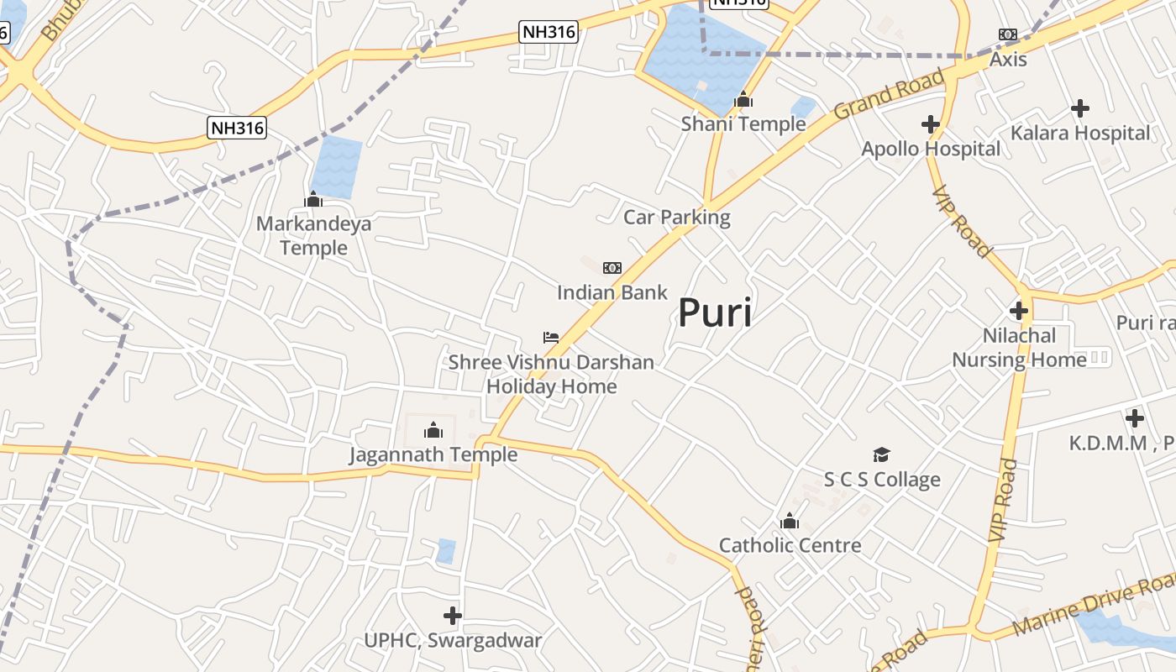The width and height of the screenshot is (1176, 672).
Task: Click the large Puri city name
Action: pyautogui.click(x=715, y=313)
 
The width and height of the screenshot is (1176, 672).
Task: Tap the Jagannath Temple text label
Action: pyautogui.click(x=433, y=455)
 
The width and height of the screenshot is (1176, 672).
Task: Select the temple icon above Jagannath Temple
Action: pyautogui.click(x=433, y=430)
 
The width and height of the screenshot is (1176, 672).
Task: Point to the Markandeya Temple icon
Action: pyautogui.click(x=313, y=199)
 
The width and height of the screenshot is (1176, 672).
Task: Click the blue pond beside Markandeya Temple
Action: pyautogui.click(x=336, y=167)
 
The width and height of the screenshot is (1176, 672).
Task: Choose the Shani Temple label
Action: pyautogui.click(x=743, y=124)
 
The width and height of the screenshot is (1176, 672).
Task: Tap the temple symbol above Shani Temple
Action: pyautogui.click(x=743, y=100)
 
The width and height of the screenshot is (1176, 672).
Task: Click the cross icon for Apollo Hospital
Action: pyautogui.click(x=930, y=124)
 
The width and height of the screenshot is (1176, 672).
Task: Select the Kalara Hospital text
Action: pyautogui.click(x=1080, y=133)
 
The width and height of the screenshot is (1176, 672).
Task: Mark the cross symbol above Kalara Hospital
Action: pyautogui.click(x=1080, y=108)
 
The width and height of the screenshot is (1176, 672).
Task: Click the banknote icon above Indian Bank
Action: pyautogui.click(x=612, y=268)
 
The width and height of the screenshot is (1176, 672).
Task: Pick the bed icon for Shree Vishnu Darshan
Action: pyautogui.click(x=551, y=338)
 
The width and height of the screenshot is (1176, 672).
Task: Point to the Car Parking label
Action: pyautogui.click(x=677, y=218)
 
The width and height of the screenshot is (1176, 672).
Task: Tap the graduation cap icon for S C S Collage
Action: pyautogui.click(x=881, y=454)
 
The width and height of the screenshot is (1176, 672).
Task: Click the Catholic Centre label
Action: pyautogui.click(x=790, y=545)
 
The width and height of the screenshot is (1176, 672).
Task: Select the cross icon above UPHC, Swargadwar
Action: pyautogui.click(x=453, y=616)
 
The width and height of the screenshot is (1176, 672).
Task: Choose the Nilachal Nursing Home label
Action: pyautogui.click(x=1019, y=348)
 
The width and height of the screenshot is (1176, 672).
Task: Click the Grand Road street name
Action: pyautogui.click(x=889, y=95)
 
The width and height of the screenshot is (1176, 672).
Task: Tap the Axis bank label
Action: pyautogui.click(x=1008, y=60)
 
